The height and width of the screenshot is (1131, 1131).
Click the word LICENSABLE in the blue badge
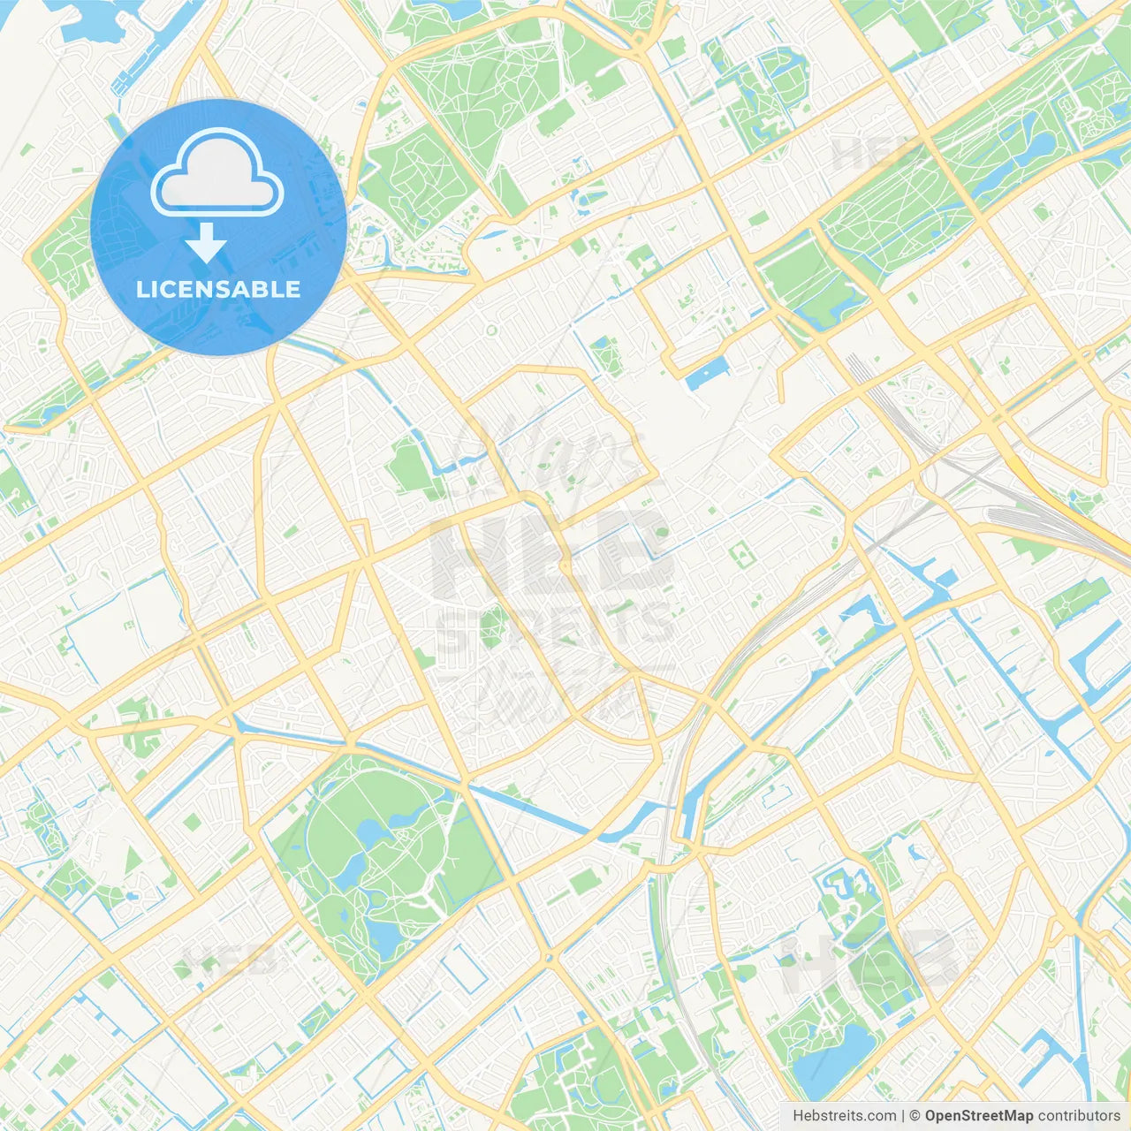[218, 289]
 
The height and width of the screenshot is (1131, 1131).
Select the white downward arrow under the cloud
[206, 243]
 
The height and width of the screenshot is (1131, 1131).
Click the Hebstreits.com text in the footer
[844, 1116]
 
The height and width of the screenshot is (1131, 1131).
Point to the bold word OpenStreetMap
[979, 1116]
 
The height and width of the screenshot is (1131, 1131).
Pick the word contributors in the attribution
[1079, 1116]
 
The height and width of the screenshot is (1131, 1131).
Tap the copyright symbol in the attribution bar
[915, 1116]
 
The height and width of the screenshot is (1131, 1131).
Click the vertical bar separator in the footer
[903, 1116]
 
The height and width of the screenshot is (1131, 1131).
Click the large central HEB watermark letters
[552, 552]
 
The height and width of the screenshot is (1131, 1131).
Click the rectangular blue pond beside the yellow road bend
[706, 375]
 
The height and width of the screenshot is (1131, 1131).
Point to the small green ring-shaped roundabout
[491, 330]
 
